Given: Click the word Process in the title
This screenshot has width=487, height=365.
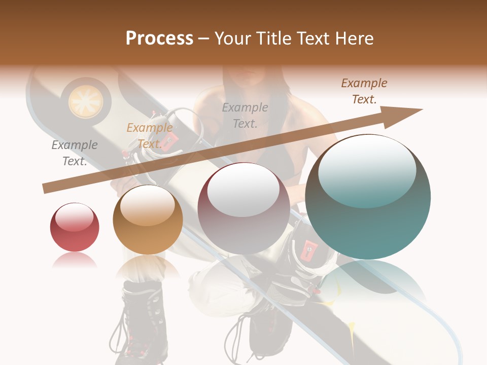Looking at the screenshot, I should [159, 38].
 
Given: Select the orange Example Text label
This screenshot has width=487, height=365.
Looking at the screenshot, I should [150, 136].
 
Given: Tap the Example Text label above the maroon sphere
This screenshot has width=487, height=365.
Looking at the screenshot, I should [245, 115].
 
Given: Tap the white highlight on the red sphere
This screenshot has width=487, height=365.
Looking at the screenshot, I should [74, 217].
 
